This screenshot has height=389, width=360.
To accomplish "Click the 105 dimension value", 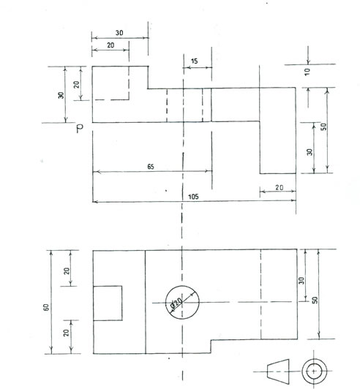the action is (x=193, y=197).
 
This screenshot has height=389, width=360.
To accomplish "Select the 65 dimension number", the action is (x=151, y=167).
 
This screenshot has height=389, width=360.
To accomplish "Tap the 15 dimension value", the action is (x=195, y=61).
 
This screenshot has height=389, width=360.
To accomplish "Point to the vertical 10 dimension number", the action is (x=307, y=72).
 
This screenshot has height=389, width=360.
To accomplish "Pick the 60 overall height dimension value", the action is (x=46, y=307).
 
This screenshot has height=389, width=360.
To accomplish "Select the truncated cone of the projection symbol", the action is (x=278, y=371).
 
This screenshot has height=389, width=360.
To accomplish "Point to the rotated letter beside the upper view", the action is (x=80, y=128).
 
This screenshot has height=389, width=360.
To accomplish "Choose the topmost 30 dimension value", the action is (x=119, y=33).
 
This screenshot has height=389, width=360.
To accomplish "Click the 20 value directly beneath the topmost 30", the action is (x=110, y=45).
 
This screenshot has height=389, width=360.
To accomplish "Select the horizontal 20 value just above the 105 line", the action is (x=280, y=187).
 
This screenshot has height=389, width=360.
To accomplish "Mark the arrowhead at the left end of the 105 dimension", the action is (x=95, y=202).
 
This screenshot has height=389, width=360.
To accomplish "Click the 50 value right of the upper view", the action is (x=323, y=126).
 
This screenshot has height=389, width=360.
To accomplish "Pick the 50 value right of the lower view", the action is (x=315, y=301).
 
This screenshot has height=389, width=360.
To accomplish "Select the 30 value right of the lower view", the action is (x=301, y=281).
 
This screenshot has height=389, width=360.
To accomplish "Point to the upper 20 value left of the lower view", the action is (x=67, y=271).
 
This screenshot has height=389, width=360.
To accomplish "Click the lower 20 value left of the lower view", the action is (x=66, y=333).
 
